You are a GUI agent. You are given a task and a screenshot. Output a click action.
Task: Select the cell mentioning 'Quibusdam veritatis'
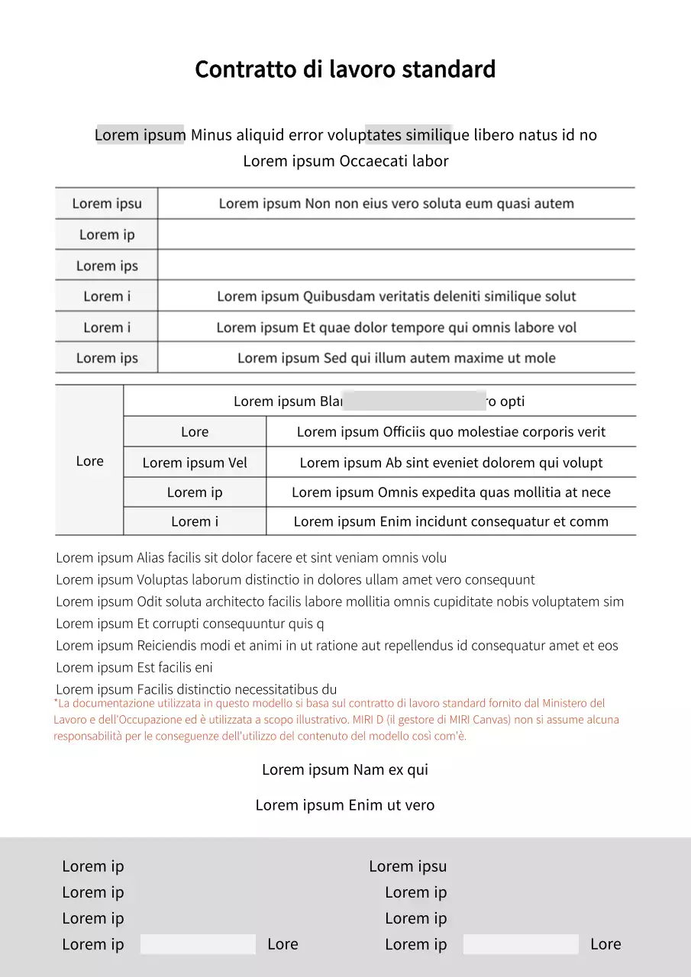[x=396, y=296]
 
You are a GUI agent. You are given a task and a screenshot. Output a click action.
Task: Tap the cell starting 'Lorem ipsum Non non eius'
[x=396, y=204]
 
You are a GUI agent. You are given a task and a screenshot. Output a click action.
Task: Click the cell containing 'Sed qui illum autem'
[x=396, y=358]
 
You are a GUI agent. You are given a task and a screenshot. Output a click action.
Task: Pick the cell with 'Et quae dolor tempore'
[x=396, y=327]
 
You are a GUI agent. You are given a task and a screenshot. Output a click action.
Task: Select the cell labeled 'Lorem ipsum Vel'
[x=195, y=463]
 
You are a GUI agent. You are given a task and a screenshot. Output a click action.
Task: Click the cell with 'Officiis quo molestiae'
[x=450, y=432]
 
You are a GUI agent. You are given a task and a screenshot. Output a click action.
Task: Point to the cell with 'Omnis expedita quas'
[x=450, y=492]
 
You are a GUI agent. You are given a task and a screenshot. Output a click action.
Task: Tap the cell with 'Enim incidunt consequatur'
[x=450, y=522]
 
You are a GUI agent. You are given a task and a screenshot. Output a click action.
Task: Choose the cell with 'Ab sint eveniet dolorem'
[x=450, y=463]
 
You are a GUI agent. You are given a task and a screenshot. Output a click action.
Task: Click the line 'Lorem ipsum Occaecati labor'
[x=345, y=161]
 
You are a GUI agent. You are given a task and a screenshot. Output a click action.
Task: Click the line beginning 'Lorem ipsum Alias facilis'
[x=251, y=558]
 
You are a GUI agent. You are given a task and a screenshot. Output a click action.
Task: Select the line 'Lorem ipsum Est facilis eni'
[x=134, y=667]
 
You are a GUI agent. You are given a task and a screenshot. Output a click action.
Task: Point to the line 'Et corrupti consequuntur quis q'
[x=190, y=624]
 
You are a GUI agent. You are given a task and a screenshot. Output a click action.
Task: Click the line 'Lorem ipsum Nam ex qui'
[x=345, y=769]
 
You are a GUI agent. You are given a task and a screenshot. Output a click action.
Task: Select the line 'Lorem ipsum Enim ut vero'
[x=345, y=805]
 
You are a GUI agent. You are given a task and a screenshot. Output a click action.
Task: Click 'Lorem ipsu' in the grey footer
[x=408, y=866]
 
